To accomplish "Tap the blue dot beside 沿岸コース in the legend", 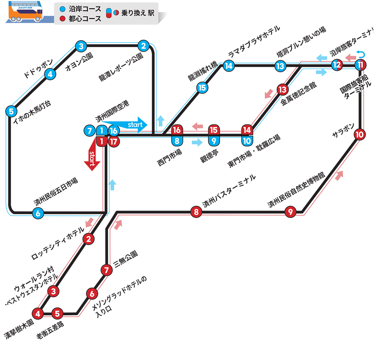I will [x=63, y=9].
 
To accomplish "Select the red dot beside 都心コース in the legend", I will [x=63, y=19].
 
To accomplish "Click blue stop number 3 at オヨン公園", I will [x=81, y=46].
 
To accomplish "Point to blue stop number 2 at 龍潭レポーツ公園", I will [x=143, y=46].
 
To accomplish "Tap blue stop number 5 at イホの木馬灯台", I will [x=11, y=111].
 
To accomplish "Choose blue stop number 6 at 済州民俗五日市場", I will [x=38, y=213].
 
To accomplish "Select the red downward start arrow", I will [x=92, y=157].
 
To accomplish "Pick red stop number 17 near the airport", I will [x=114, y=142].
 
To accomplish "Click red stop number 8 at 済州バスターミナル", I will [x=196, y=212].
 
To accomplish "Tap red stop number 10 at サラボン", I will [x=359, y=135].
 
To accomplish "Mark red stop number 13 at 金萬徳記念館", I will [x=283, y=90].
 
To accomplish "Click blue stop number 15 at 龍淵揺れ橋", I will [x=202, y=88].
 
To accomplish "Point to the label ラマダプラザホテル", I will [x=254, y=42].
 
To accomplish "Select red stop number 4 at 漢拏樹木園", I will [x=38, y=314].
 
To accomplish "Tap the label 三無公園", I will [x=125, y=259].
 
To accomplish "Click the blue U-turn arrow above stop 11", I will [x=361, y=55].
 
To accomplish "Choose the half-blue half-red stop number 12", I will [x=337, y=65].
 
